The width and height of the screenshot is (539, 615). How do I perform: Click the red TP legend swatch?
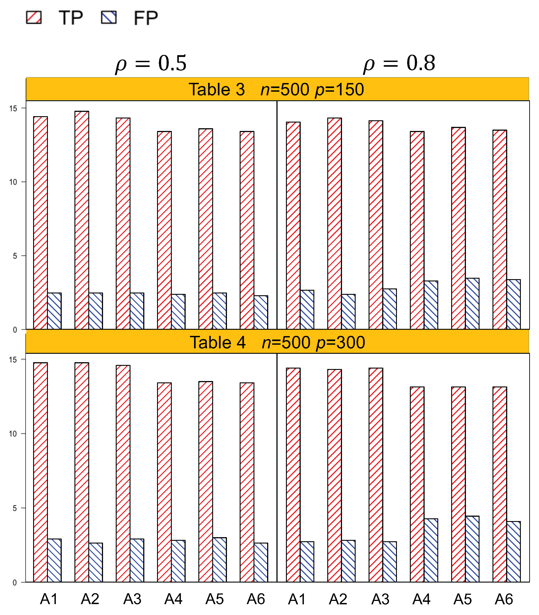[34, 17]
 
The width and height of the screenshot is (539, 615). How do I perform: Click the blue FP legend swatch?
[108, 17]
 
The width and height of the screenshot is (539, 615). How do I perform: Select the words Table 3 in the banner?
[217, 89]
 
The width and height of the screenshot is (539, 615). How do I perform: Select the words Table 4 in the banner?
[217, 342]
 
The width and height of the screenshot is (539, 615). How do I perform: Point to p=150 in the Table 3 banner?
[339, 89]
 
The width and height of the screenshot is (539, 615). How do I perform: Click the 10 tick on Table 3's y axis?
[13, 182]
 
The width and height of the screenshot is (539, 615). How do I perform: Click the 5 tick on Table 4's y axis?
[15, 508]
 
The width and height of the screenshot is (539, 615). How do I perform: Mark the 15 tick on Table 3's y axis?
[13, 108]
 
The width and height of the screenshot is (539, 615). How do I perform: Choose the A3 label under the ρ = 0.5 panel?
[132, 599]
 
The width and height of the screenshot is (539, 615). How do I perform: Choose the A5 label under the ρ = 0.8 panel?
[462, 599]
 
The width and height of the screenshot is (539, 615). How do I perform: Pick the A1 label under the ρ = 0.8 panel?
[297, 599]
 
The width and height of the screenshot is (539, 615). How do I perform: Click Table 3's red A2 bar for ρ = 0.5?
[82, 219]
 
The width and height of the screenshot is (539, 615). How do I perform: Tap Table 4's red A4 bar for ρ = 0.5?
[164, 482]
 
